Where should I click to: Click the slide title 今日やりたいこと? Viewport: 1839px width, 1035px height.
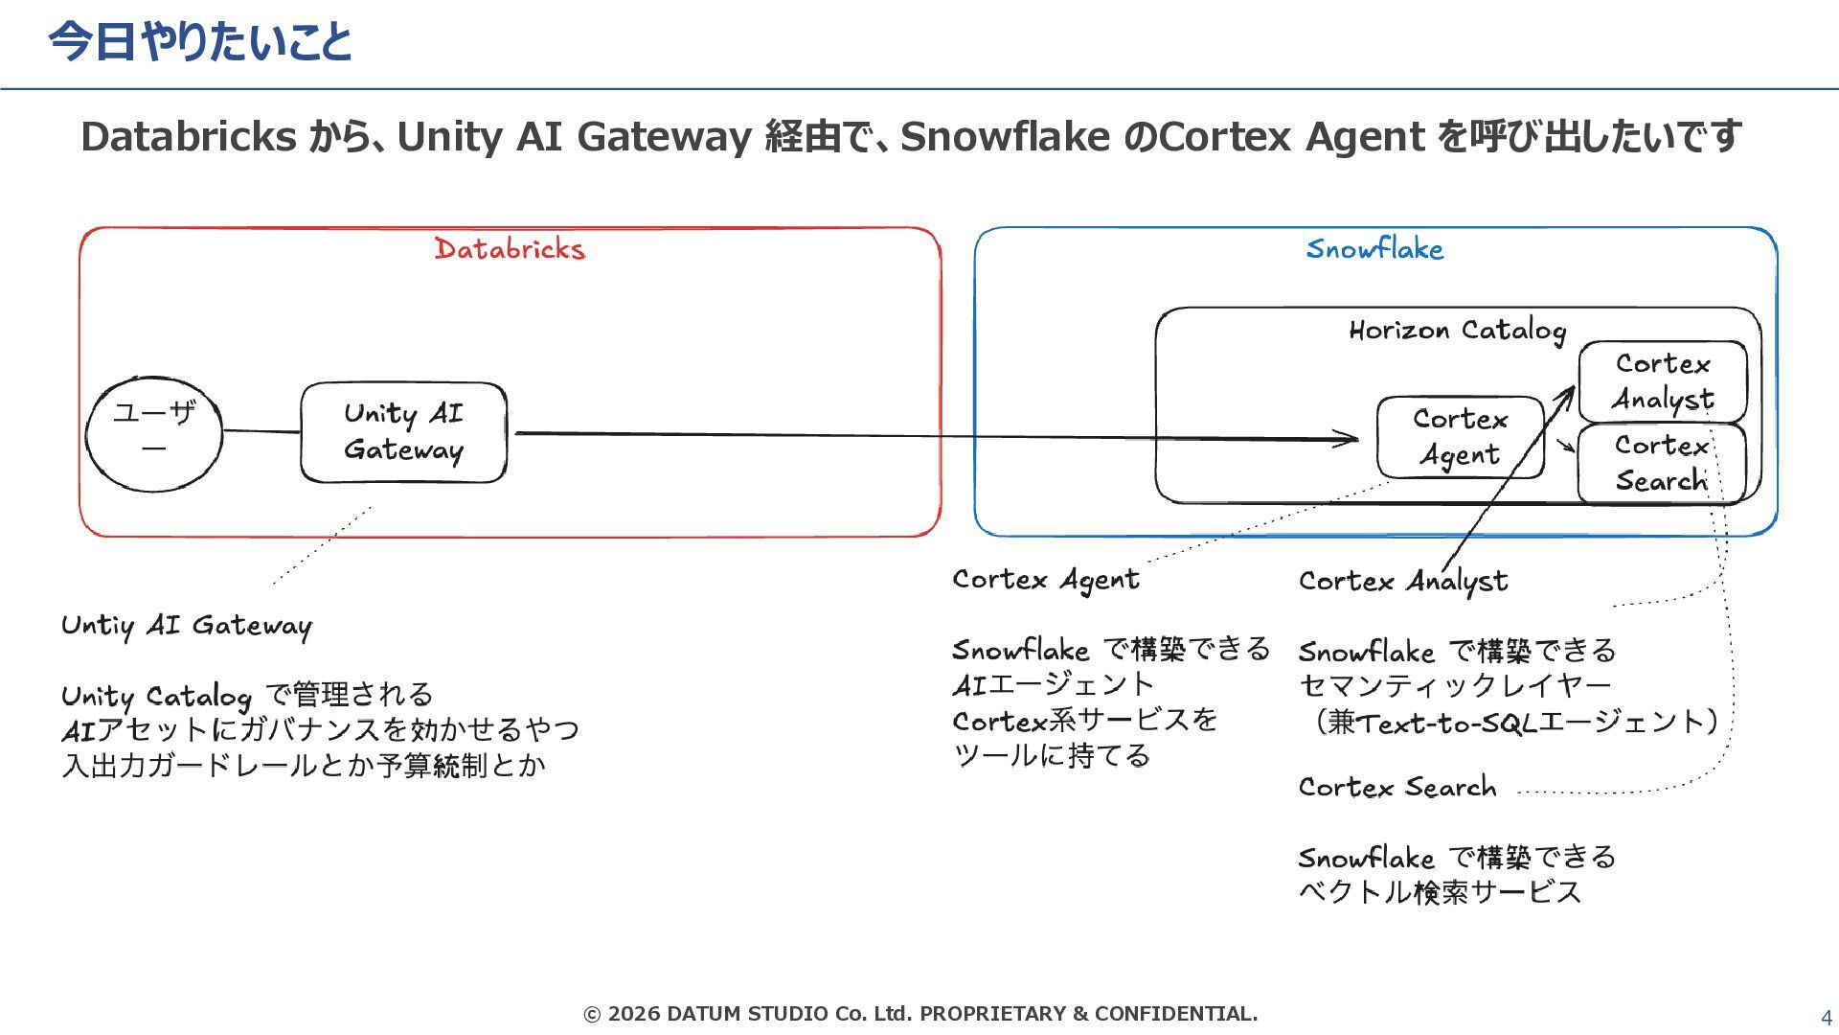tap(200, 42)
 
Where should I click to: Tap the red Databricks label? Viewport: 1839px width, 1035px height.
tap(510, 249)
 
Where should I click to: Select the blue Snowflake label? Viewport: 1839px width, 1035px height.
tap(1374, 249)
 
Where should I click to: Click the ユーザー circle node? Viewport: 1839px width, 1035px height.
tap(154, 434)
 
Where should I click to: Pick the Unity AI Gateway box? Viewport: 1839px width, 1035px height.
tap(403, 432)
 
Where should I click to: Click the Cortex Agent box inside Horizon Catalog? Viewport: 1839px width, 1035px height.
tap(1460, 437)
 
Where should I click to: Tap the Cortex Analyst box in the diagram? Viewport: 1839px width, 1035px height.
tap(1663, 381)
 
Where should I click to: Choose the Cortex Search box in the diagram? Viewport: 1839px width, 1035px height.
tap(1662, 463)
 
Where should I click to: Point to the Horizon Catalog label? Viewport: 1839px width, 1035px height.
tap(1457, 331)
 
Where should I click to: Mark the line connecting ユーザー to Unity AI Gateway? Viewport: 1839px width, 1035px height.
tap(261, 431)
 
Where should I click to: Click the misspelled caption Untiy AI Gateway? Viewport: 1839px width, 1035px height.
tap(187, 626)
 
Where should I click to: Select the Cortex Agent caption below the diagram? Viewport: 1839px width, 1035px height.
tap(1046, 580)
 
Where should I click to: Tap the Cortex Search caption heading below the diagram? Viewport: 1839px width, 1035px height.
tap(1396, 787)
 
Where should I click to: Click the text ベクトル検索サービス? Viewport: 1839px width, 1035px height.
tap(1440, 892)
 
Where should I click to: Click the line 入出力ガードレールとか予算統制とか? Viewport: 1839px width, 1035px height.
tap(304, 765)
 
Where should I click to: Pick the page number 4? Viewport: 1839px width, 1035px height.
tap(1826, 1018)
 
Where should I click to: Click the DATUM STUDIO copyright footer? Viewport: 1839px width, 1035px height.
tap(920, 1013)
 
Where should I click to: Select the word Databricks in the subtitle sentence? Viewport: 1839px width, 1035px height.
tap(189, 137)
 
